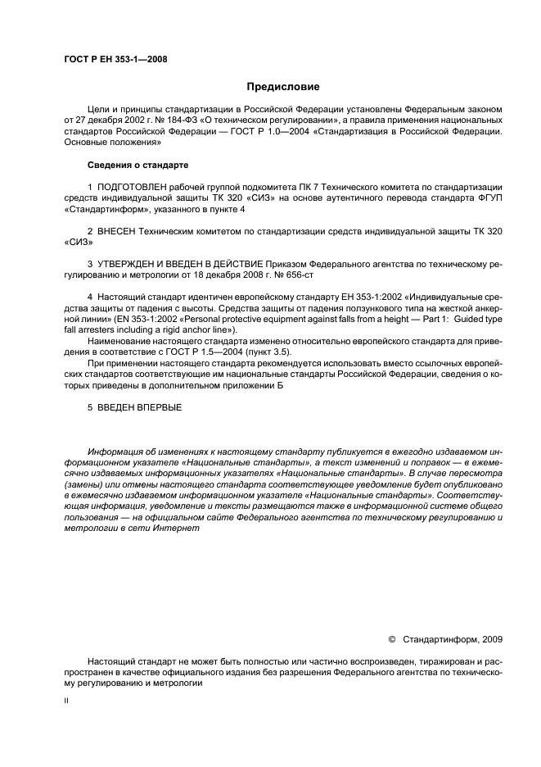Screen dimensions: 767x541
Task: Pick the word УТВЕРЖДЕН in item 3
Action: click(133, 264)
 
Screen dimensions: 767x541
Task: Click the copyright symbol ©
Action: click(391, 638)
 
